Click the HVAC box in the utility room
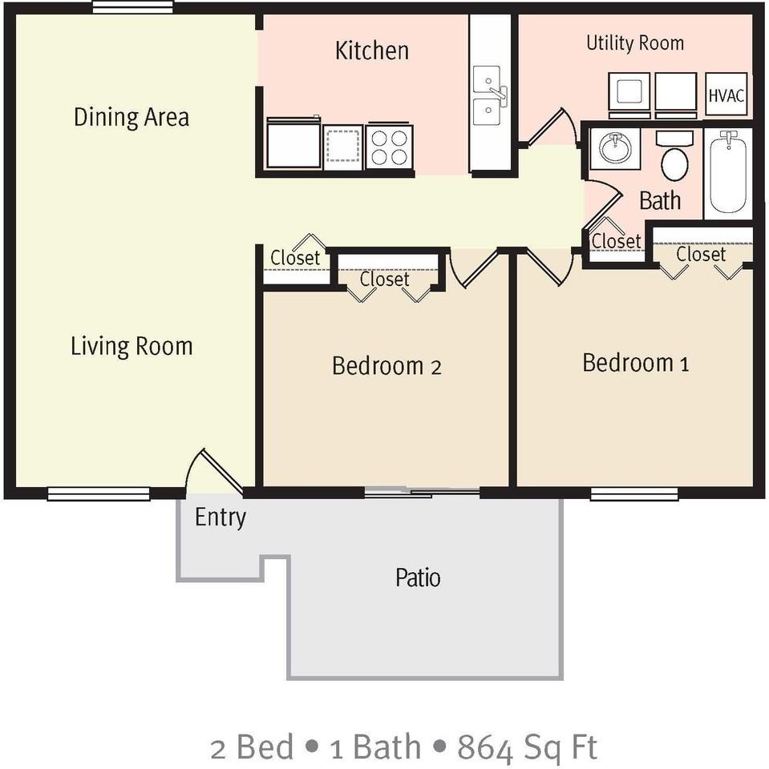click(727, 95)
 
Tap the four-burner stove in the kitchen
click(389, 147)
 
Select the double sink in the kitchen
click(488, 96)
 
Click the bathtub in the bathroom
click(727, 171)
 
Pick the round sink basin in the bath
click(616, 149)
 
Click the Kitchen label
click(371, 50)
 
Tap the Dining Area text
click(132, 117)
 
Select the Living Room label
click(132, 346)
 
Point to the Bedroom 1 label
click(636, 363)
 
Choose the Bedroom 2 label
click(387, 366)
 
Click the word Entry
click(220, 517)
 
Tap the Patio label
click(418, 577)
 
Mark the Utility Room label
click(635, 42)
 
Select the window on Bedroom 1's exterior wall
click(633, 494)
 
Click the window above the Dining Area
click(132, 7)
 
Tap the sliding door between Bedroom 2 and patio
click(422, 492)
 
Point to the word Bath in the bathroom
click(660, 200)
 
